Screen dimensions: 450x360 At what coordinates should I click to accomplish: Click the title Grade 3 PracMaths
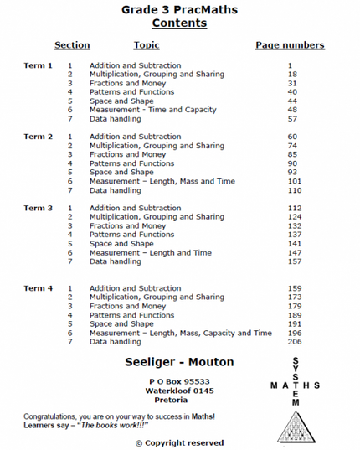[180, 10]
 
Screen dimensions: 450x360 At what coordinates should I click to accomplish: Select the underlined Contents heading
[180, 23]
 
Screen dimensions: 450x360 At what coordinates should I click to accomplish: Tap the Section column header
[72, 45]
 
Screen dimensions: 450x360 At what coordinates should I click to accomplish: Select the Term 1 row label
[39, 65]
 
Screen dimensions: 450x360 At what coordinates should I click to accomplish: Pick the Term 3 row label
[39, 208]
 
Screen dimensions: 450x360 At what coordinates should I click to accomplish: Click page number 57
[291, 119]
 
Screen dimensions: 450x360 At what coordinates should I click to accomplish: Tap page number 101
[293, 181]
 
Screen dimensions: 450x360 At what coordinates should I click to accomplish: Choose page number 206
[293, 342]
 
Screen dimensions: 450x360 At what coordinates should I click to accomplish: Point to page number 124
[293, 217]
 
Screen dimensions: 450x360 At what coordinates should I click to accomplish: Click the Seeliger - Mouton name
[179, 362]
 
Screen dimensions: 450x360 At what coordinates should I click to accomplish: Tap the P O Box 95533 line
[178, 381]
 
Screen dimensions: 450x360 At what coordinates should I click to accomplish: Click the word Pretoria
[172, 400]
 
